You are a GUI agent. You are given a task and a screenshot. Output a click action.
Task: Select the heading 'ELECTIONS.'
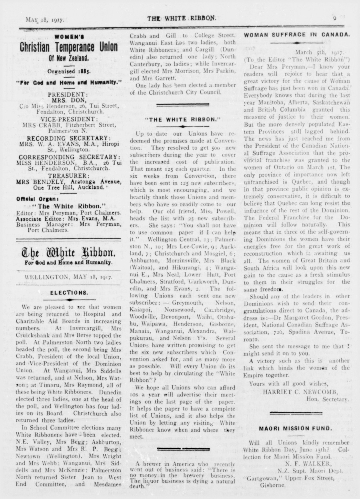click(x=69, y=293)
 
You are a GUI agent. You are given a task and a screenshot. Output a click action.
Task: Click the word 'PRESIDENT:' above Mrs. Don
click(x=68, y=94)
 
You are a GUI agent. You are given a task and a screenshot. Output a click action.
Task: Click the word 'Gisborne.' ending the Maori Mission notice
click(x=272, y=485)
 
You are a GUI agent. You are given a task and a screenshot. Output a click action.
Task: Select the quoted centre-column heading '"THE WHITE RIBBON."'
click(x=183, y=119)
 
